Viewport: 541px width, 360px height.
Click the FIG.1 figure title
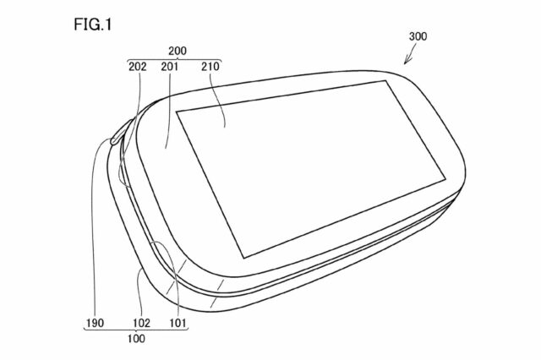[93, 25]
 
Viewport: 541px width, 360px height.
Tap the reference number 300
[418, 36]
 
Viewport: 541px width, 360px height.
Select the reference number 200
[178, 51]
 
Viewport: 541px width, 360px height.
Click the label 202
[137, 66]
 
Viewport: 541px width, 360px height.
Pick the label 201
[169, 66]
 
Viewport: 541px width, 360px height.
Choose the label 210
[210, 66]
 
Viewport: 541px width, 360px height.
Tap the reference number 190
[95, 323]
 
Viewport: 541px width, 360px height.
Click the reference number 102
[141, 323]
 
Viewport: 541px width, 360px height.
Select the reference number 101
[178, 323]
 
